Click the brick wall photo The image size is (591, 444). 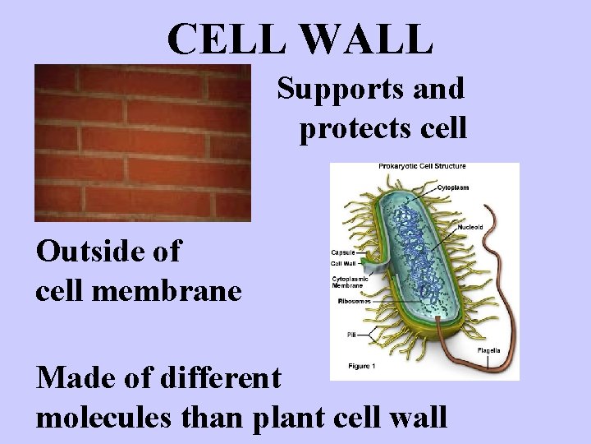click(142, 142)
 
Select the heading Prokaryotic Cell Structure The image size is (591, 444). click(422, 167)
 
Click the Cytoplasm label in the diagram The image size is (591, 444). click(452, 187)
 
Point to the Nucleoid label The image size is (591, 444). click(470, 227)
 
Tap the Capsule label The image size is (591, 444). click(342, 252)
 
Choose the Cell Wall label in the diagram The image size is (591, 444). click(342, 264)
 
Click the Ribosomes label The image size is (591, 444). click(354, 302)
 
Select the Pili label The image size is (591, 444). click(350, 335)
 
